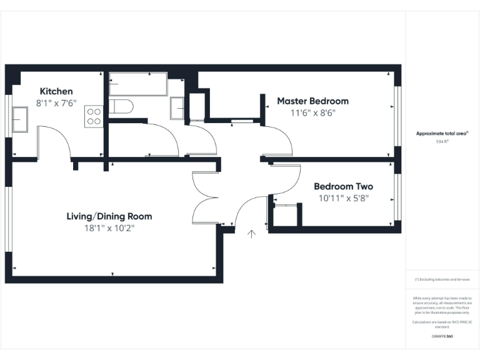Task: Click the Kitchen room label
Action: tap(56, 91)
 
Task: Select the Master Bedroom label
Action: tap(312, 101)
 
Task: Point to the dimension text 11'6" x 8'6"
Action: tap(312, 113)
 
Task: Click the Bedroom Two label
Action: tap(343, 186)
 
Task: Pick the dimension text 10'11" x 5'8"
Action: tap(343, 198)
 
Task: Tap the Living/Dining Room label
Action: tap(109, 216)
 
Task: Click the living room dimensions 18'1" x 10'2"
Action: tap(109, 228)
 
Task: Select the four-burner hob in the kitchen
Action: tap(94, 116)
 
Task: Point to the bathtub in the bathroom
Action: tap(138, 84)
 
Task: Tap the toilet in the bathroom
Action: tap(120, 106)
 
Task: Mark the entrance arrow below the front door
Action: tap(252, 234)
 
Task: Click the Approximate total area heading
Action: tap(442, 133)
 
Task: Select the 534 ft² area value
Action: tap(442, 142)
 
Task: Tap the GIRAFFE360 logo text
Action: tap(442, 336)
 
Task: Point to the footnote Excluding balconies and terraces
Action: tap(442, 279)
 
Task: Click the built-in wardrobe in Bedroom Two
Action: tap(285, 216)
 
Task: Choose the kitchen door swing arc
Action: tap(56, 141)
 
